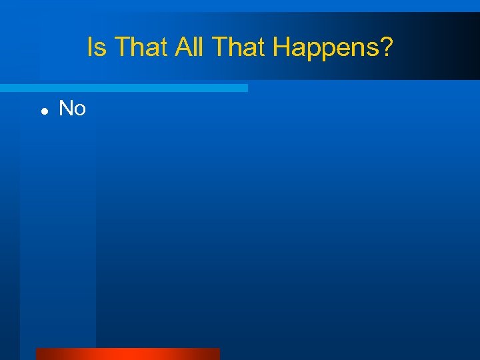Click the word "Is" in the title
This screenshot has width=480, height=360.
point(97,47)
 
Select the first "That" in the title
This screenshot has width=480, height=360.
point(136,47)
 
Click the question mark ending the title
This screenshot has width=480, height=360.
point(387,47)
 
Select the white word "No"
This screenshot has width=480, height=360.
point(72,108)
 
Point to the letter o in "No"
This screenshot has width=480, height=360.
point(80,110)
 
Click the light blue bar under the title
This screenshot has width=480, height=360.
point(123,88)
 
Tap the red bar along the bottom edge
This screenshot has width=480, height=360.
point(127,354)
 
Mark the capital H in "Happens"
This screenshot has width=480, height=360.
point(281,47)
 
